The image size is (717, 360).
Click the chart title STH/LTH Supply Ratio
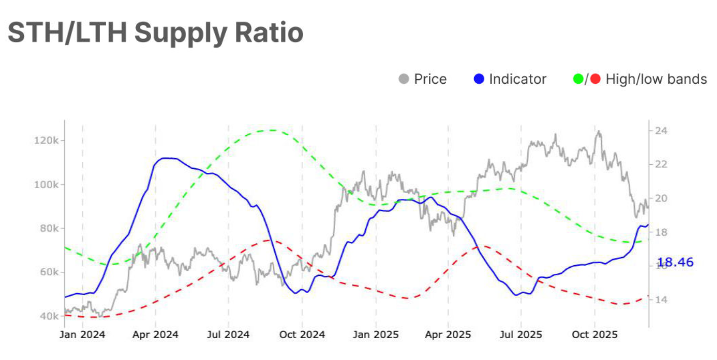[x=156, y=33]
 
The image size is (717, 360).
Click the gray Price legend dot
[x=404, y=79]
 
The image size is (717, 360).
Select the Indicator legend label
[x=517, y=79]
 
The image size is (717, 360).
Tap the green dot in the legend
[x=578, y=79]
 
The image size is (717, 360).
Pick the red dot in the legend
[x=595, y=79]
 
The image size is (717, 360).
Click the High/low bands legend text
[x=656, y=79]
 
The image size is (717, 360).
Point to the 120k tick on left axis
[x=49, y=140]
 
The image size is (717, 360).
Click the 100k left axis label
[x=49, y=185]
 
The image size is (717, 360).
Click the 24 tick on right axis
[x=661, y=131]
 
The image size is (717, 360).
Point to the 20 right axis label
[x=661, y=198]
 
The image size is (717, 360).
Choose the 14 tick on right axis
[x=661, y=300]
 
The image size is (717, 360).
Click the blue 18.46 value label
[x=675, y=263]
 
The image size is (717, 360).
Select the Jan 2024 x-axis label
[x=82, y=335]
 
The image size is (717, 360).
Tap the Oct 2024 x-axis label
[x=302, y=335]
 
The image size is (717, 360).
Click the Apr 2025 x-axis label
[x=448, y=335]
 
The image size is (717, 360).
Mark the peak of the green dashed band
[x=273, y=130]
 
